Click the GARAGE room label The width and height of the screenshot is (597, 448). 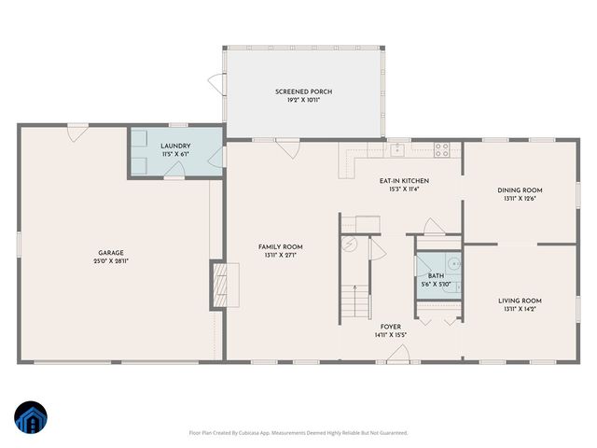[x=111, y=253]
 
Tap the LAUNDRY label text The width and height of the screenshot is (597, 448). [x=175, y=147]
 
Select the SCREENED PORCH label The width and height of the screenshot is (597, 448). [x=303, y=91]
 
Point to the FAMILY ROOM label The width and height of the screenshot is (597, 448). [x=280, y=247]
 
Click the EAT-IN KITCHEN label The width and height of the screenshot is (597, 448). [x=404, y=179]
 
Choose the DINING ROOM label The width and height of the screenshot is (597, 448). [x=520, y=189]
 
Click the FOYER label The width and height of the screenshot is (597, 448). [x=391, y=327]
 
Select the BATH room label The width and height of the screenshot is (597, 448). [x=436, y=276]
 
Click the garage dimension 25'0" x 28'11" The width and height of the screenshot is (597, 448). [x=111, y=261]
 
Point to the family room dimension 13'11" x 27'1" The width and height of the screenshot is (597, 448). [x=280, y=256]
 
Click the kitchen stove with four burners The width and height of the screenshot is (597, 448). [x=442, y=147]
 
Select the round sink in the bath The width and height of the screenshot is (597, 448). [x=451, y=265]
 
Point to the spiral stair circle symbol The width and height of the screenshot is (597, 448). [x=351, y=245]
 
